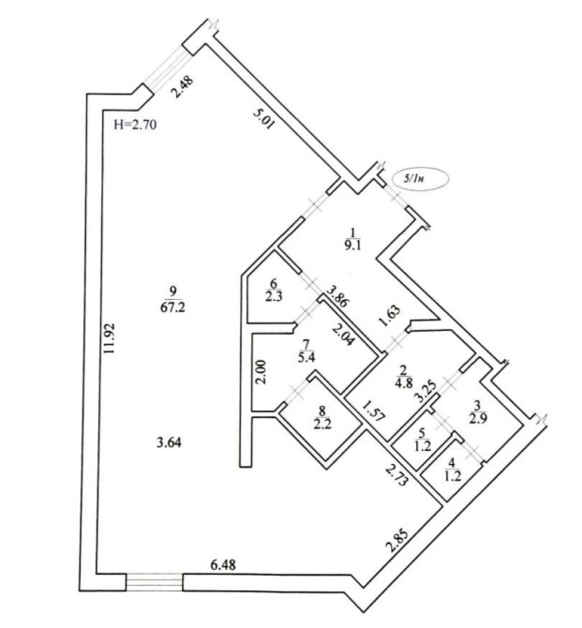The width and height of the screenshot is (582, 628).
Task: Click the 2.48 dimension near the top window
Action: click(181, 92)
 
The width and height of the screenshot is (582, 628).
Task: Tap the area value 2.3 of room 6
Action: click(274, 297)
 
